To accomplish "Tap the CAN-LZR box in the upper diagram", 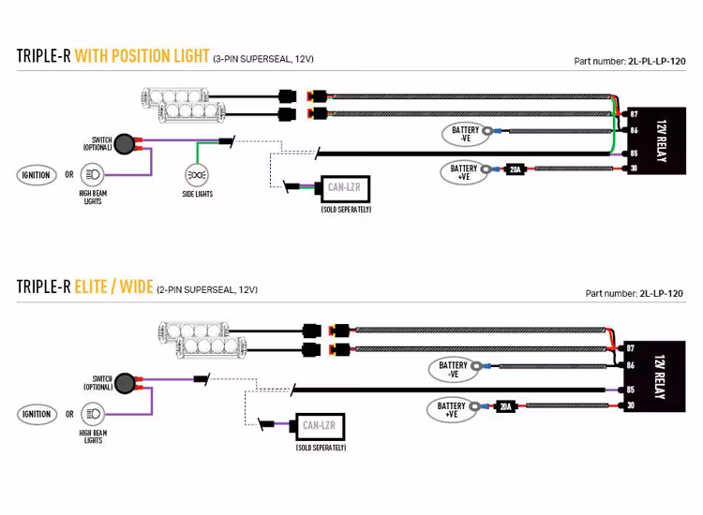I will point(343,188).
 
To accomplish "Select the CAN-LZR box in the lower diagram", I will point(319,426).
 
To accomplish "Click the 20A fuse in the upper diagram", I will point(515,169).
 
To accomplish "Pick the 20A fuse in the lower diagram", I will point(505,406).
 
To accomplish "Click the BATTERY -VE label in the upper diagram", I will point(466,134).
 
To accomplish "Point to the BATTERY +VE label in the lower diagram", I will point(452,410).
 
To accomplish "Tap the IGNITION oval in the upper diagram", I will point(36,175).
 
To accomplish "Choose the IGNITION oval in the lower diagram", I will point(36,414).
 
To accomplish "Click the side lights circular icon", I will point(197,175).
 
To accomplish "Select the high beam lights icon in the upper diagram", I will point(92,175).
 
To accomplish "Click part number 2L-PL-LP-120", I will point(656,61).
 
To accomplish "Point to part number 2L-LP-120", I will point(661,293).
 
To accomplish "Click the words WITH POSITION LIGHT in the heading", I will point(142,55).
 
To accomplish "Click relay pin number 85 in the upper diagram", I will point(634,153).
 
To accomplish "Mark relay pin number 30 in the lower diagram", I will point(631,405).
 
